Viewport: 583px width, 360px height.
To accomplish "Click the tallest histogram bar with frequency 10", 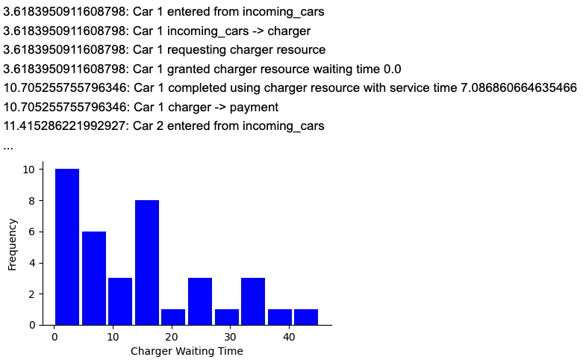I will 66,246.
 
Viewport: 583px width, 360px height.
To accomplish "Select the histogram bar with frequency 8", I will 146,262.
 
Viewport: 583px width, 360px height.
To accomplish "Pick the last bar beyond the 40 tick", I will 306,317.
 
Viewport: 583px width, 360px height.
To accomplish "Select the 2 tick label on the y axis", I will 31,294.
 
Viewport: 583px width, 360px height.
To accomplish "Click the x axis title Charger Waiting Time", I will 187,351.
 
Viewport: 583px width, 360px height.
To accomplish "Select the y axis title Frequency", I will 13,243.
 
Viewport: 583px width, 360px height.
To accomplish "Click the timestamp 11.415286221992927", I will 64,126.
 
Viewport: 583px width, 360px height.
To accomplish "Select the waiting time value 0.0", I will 391,69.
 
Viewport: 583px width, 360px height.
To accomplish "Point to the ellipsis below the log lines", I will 8,146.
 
